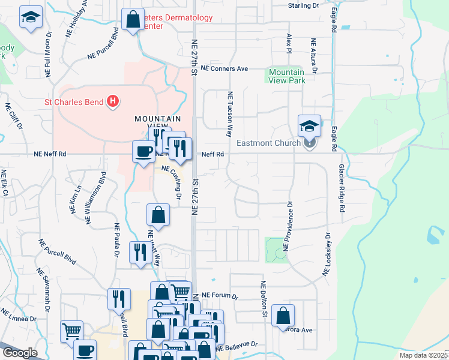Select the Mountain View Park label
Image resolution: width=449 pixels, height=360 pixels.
[x=286, y=76]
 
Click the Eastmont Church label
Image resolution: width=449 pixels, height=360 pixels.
[x=269, y=143]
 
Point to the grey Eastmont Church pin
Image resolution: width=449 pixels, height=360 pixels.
[x=309, y=143]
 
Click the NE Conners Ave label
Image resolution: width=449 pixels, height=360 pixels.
[x=224, y=69]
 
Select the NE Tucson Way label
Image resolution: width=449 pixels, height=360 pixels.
[x=229, y=114]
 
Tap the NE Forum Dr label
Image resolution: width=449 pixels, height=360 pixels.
[x=220, y=296]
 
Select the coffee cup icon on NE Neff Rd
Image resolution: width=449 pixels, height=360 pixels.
[x=143, y=151]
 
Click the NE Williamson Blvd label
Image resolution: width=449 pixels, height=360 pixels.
[x=96, y=199]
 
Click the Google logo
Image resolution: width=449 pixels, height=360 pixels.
[x=20, y=353]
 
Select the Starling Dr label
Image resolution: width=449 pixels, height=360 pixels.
[x=303, y=5]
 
